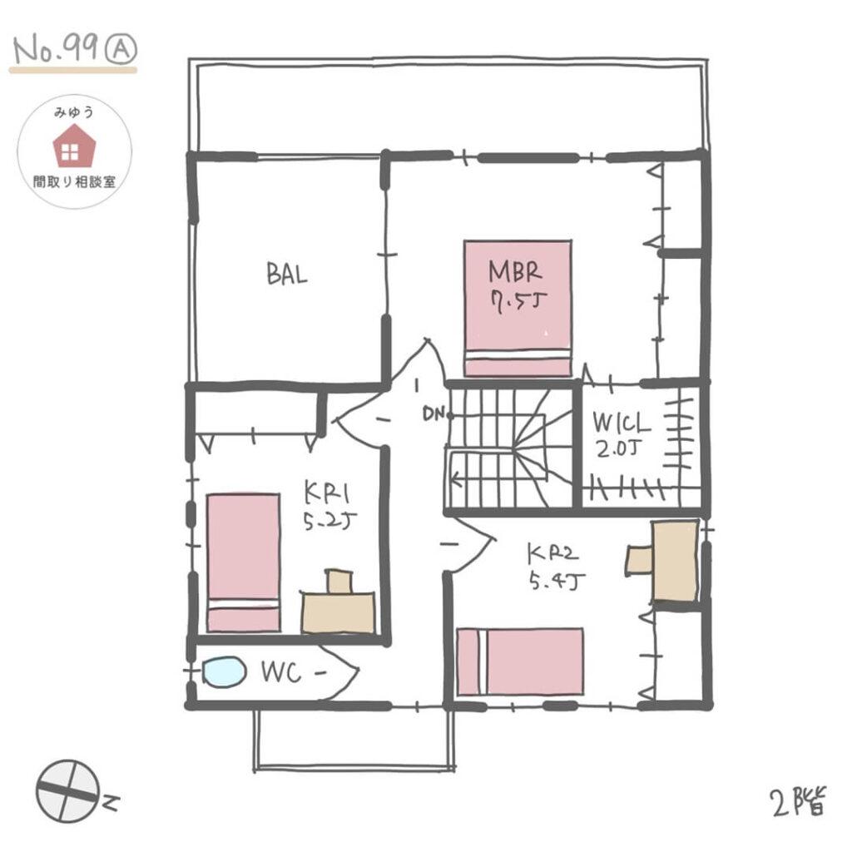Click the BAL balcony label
287,274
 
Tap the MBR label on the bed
515,271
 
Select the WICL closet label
621,423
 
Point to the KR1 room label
326,493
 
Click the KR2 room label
552,553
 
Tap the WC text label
281,672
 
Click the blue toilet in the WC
224,672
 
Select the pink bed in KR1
244,562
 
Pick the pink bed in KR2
520,661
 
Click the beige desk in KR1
338,612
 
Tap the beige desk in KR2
675,562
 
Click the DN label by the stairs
433,414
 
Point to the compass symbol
68,790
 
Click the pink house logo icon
74,146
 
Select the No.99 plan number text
56,50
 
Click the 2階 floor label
797,801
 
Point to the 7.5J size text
515,300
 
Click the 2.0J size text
619,448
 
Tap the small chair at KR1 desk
339,581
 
